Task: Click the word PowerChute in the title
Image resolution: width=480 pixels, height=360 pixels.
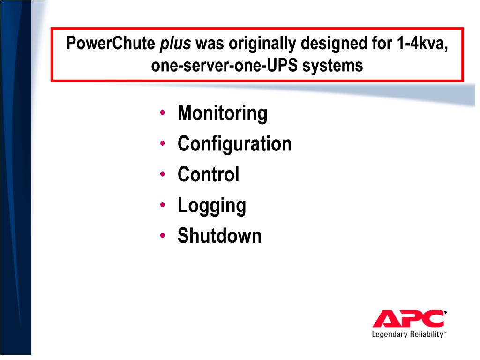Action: [x=111, y=44]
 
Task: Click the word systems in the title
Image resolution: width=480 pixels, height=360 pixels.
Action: [x=333, y=65]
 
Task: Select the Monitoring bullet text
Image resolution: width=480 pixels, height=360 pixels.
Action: [x=223, y=113]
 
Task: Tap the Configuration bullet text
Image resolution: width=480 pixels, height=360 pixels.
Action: [x=234, y=143]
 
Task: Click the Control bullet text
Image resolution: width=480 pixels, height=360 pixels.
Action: [x=209, y=174]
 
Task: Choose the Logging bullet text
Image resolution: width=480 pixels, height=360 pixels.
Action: [x=212, y=205]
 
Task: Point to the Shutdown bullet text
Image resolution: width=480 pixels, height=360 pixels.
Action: [x=219, y=236]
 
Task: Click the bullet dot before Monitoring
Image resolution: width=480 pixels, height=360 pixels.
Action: [x=162, y=113]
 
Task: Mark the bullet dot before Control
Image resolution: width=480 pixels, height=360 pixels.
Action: [x=162, y=174]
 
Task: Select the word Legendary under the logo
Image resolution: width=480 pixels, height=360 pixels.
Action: [x=389, y=334]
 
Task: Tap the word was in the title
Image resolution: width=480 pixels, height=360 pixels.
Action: [x=207, y=44]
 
